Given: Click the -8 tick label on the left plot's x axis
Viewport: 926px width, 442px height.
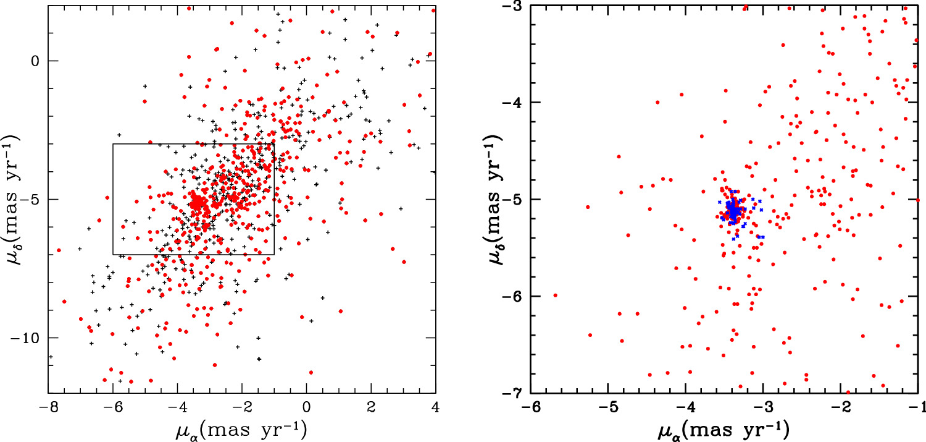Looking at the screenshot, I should click(48, 408).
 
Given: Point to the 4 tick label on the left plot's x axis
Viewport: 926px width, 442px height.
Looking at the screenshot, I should click(436, 408).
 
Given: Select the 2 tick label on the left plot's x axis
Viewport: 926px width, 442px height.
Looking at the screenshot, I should click(371, 408).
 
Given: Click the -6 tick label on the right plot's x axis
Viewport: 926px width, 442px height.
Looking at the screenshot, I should click(527, 409).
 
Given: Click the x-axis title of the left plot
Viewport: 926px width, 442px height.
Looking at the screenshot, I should click(242, 428).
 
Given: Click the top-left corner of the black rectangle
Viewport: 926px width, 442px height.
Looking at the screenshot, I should click(113, 144).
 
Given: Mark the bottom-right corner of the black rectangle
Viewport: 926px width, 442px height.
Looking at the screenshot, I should click(274, 254).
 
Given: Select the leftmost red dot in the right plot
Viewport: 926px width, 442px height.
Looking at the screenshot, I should click(555, 295).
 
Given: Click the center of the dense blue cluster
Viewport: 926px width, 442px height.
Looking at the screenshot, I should click(733, 210).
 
